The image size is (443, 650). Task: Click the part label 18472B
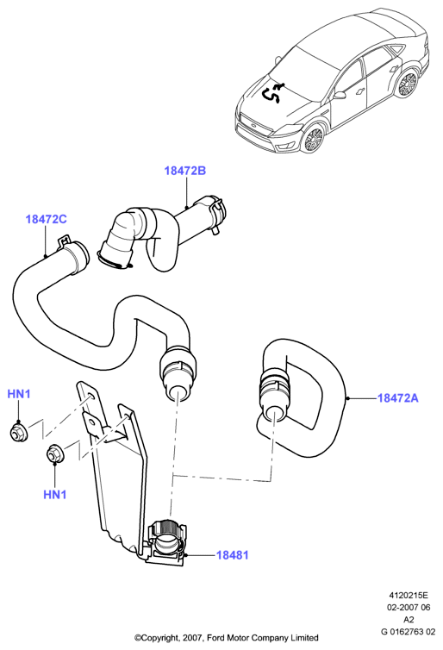pos(184,171)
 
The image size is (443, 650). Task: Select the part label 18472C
pos(46,219)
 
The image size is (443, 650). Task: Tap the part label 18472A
pos(398,398)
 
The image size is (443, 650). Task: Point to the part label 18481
pos(233,554)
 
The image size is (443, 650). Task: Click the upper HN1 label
pos(19,394)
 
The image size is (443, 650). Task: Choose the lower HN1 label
pos(54,495)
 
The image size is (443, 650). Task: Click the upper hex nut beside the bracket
pos(17,432)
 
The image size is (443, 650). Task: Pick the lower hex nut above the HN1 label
pos(54,453)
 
